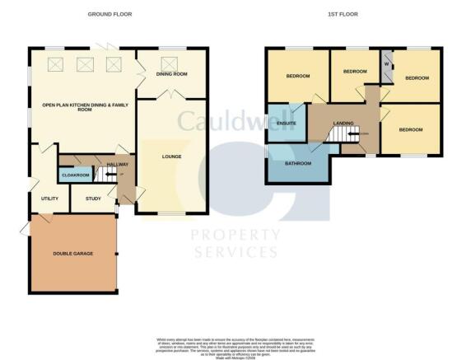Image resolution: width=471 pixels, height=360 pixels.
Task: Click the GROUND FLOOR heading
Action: click(x=109, y=15)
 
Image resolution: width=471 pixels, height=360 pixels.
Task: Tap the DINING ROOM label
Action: click(x=172, y=74)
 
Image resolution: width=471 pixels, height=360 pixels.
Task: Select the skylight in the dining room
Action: click(x=172, y=62)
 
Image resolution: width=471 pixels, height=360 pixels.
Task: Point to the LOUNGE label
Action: click(x=171, y=157)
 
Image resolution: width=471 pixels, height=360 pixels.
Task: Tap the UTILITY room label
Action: click(x=49, y=199)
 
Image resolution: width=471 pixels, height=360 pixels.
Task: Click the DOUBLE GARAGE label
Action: click(x=73, y=253)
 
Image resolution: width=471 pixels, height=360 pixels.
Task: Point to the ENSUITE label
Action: click(x=287, y=124)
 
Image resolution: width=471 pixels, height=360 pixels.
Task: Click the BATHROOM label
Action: click(x=298, y=164)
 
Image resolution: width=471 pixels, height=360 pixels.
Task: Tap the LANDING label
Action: click(x=343, y=124)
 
